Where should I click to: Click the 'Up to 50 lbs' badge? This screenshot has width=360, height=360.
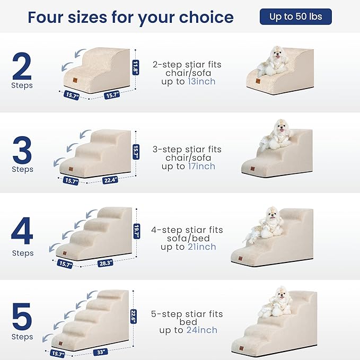[295, 16]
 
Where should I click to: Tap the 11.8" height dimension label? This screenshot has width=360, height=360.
[135, 67]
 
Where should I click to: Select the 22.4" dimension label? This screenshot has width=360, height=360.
[110, 180]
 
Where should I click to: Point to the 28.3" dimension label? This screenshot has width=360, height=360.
[106, 263]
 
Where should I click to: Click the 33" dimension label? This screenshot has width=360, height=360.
[101, 352]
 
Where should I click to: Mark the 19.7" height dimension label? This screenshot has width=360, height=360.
[137, 231]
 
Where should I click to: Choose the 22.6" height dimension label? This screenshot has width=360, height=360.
[134, 317]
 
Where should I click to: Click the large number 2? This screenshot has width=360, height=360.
[22, 66]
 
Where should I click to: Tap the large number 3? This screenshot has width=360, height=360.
[22, 150]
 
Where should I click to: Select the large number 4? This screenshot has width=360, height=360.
[22, 231]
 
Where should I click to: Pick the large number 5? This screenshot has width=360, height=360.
[22, 316]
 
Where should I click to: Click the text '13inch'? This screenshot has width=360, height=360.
[201, 82]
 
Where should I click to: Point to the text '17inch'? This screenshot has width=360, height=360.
[201, 166]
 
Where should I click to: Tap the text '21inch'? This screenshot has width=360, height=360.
[202, 247]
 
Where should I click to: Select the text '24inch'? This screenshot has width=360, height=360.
[202, 330]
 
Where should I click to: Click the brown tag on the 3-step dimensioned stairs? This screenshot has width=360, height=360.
[71, 169]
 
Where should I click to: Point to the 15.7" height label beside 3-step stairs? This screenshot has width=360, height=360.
[136, 152]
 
